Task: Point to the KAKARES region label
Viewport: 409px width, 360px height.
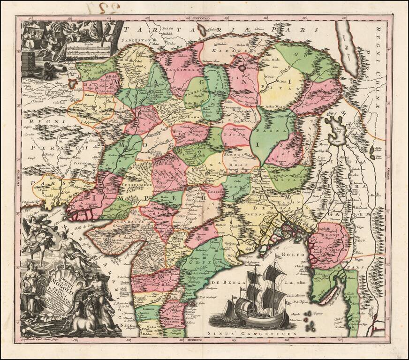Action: click(x=223, y=49)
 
